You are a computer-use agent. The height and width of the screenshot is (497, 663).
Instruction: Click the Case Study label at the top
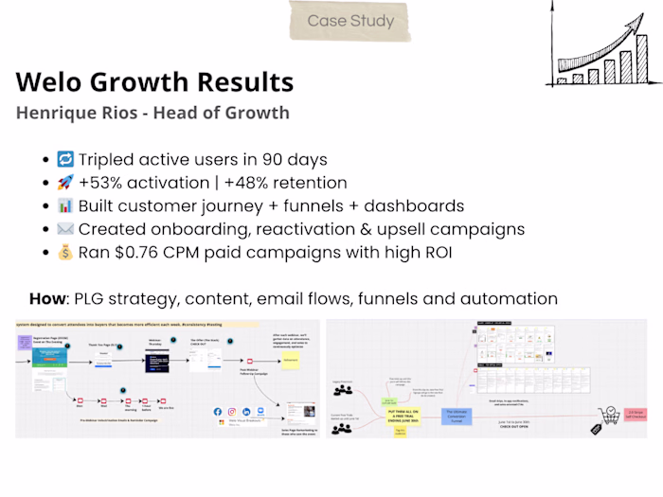click(350, 21)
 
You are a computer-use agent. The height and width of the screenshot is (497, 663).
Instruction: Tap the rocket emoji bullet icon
click(65, 183)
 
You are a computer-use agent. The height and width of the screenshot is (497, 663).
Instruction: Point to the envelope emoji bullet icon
click(65, 229)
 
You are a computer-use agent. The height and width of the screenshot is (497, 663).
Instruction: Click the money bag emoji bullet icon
click(65, 253)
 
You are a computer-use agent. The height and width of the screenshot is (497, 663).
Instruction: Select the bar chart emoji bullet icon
click(65, 205)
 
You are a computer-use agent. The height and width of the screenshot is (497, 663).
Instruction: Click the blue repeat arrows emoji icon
click(65, 159)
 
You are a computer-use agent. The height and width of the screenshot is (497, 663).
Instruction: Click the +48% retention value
click(251, 183)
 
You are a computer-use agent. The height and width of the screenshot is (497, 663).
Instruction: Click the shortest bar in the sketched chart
click(563, 80)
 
